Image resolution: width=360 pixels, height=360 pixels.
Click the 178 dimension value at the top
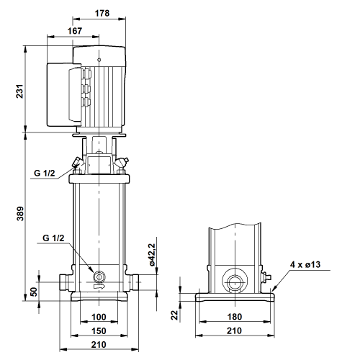pos(102,13)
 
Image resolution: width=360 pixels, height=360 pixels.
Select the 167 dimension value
pos(75,31)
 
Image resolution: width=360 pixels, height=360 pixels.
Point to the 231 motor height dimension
pos(19,91)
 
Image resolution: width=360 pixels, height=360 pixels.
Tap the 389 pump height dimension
pos(19,213)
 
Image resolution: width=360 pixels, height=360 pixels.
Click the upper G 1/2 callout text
pos(45,173)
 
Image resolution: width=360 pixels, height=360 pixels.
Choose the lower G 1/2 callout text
pos(53,238)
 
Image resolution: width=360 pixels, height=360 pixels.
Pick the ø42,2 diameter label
pos(152,254)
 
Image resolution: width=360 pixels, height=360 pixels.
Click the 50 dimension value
pos(34,292)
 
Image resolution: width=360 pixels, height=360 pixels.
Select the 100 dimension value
pos(99,317)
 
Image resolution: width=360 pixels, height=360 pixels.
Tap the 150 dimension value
pos(99,331)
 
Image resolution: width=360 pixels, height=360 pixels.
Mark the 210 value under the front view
pos(99,345)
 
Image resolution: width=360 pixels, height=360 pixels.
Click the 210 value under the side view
pos(234,331)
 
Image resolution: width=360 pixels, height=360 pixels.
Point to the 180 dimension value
pos(235,317)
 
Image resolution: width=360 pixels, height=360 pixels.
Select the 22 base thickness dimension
pos(175,315)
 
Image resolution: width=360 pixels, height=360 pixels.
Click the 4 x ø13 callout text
pos(305,264)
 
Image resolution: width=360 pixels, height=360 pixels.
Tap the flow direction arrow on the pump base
pos(99,287)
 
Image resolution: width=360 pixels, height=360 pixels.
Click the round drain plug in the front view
pos(99,276)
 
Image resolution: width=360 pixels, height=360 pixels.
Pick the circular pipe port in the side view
pos(235,282)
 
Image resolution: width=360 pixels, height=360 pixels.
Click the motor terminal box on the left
pos(64,94)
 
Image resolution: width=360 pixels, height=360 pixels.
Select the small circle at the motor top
pos(99,60)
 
